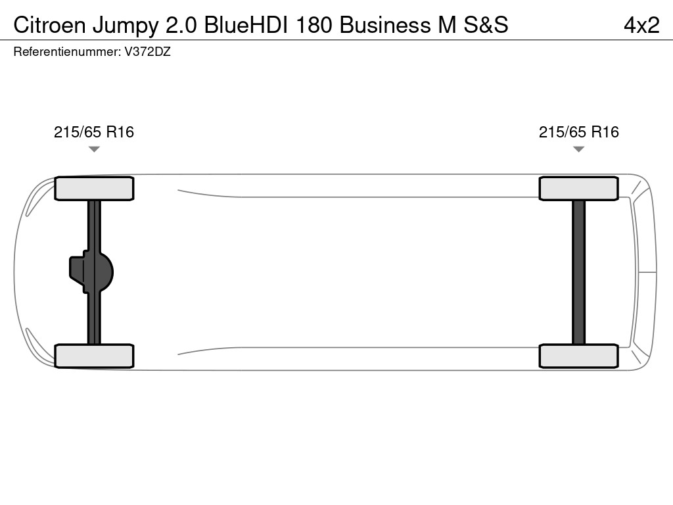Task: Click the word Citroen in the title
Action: (x=50, y=25)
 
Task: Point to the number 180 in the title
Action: (x=314, y=25)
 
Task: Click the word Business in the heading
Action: (x=385, y=25)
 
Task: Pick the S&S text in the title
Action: (x=486, y=25)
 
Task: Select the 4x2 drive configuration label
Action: (x=641, y=26)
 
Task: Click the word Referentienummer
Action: (x=67, y=52)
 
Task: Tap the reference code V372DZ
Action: (x=148, y=52)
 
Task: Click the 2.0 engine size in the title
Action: (x=181, y=25)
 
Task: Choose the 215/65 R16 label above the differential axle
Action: (x=94, y=132)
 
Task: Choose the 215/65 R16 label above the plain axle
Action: (x=578, y=132)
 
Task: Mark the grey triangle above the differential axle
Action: (x=94, y=149)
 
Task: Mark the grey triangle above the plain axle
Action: (x=578, y=149)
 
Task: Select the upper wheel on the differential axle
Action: (x=94, y=188)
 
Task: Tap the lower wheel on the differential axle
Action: (x=94, y=356)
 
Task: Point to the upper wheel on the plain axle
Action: (x=578, y=188)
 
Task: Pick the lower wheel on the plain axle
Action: (x=578, y=356)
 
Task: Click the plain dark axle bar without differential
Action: (x=578, y=272)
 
